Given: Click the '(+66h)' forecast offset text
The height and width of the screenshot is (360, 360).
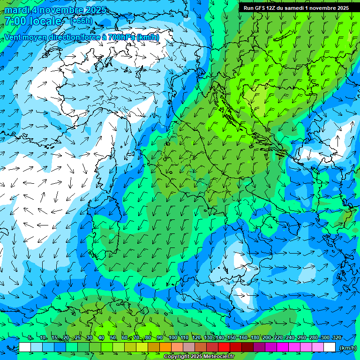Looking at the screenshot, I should click(81, 21).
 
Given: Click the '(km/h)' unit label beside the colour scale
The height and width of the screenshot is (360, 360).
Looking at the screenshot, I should click(347, 348).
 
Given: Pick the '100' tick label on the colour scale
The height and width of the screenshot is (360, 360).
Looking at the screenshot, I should click(173, 338).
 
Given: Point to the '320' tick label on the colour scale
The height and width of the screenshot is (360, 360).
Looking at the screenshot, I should click(337, 338).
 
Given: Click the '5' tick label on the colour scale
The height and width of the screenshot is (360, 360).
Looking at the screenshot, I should click(30, 338).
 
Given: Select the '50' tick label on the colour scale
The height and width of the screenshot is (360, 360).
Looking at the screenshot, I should click(113, 338).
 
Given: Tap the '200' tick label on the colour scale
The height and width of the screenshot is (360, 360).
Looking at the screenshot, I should click(267, 338).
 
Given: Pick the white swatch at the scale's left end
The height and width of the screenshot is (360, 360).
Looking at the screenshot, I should click(25, 347).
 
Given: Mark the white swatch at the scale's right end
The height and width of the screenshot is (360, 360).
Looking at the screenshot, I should click(330, 347).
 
